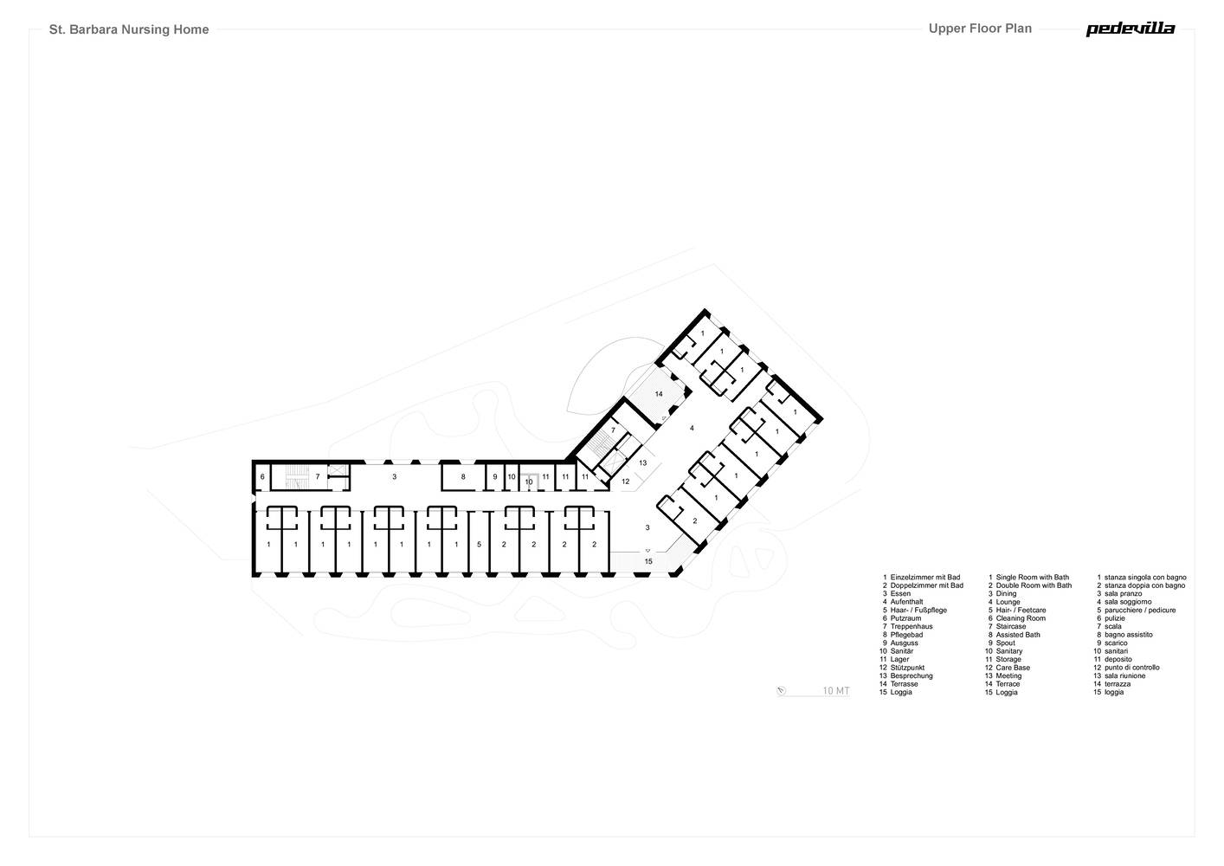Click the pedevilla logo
click(x=1130, y=29)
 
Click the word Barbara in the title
click(x=93, y=29)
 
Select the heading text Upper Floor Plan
click(x=980, y=29)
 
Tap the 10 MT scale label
click(x=836, y=690)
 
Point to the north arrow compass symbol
click(x=781, y=691)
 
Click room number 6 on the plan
click(x=262, y=477)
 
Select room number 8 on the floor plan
click(x=463, y=477)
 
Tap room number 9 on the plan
click(x=495, y=477)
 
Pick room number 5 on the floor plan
click(x=480, y=545)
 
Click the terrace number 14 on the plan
click(x=659, y=394)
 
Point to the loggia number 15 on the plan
click(x=648, y=561)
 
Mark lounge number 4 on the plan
click(x=692, y=428)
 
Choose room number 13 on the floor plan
click(x=643, y=463)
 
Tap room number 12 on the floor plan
click(x=626, y=481)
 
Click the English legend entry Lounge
click(x=1008, y=602)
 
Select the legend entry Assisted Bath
click(x=1017, y=635)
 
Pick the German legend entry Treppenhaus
click(x=912, y=626)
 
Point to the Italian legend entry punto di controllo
click(x=1131, y=668)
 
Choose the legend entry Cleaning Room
click(x=1021, y=618)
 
